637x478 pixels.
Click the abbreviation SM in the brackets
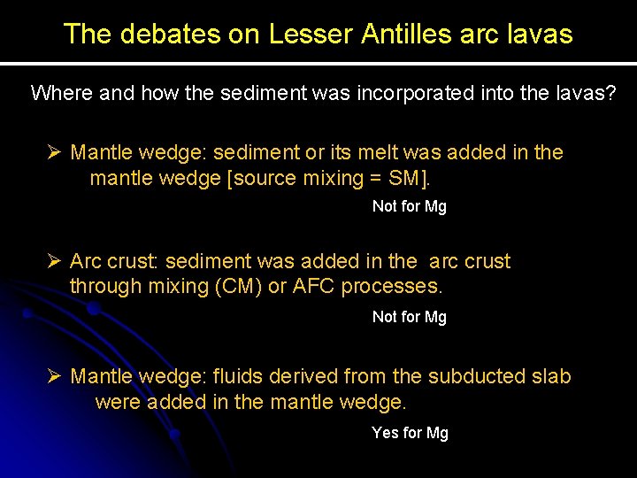coord(406,178)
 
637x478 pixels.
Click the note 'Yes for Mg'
coord(410,433)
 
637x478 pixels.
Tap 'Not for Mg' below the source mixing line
coord(410,206)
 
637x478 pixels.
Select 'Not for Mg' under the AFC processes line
coord(410,317)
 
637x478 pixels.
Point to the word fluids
coord(242,376)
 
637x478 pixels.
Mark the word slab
coord(552,376)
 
